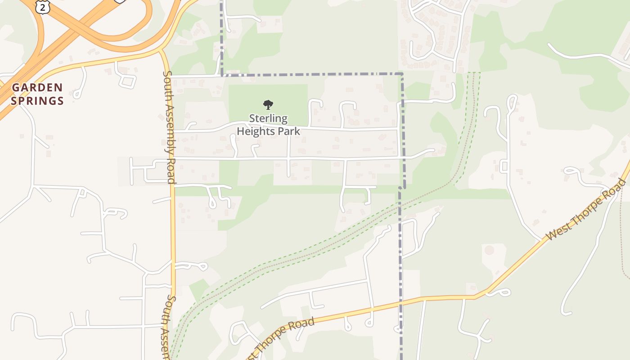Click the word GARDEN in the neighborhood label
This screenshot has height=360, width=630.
point(37,87)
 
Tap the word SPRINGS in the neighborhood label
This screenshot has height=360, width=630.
point(37,100)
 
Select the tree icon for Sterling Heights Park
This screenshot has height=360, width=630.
point(268,105)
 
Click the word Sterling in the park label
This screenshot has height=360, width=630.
point(268,118)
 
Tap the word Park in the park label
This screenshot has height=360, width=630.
point(289,131)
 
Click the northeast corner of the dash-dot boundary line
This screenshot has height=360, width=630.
point(402,73)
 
